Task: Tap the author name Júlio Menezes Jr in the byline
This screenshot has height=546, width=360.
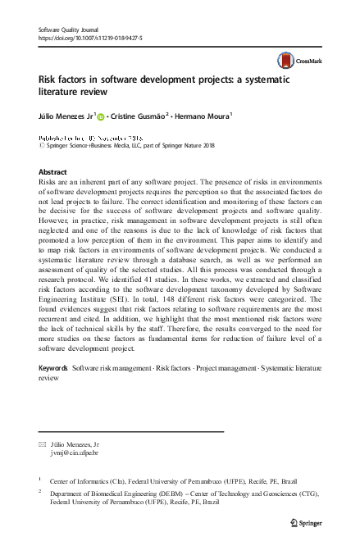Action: pos(67,117)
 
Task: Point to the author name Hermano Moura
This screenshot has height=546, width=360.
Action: pos(202,117)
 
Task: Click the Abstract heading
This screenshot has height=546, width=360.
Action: pos(53,172)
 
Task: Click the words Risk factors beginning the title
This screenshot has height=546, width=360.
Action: pos(63,82)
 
